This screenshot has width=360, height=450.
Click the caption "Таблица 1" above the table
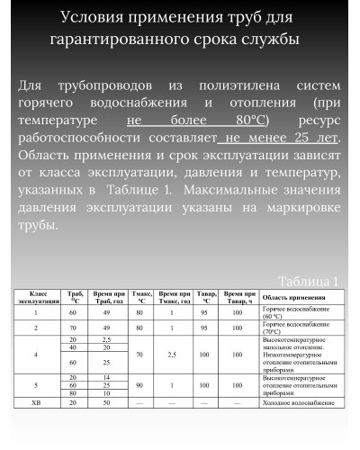pyautogui.click(x=308, y=280)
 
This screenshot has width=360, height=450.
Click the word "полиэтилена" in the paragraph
pyautogui.click(x=244, y=84)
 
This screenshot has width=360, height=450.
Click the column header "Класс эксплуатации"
pyautogui.click(x=39, y=298)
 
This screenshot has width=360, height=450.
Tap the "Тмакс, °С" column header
pyautogui.click(x=141, y=298)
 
